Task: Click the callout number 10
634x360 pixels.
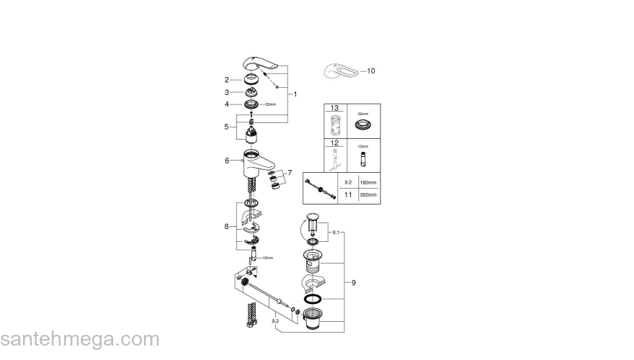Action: pyautogui.click(x=371, y=71)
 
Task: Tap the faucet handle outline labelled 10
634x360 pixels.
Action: pyautogui.click(x=338, y=72)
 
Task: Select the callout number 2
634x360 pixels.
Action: pyautogui.click(x=226, y=80)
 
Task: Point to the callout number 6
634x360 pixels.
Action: pyautogui.click(x=226, y=161)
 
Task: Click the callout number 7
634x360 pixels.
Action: pyautogui.click(x=290, y=173)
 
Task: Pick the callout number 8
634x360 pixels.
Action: pyautogui.click(x=226, y=227)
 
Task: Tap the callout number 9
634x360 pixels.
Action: pyautogui.click(x=354, y=283)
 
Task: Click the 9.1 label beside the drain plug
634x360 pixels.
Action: pyautogui.click(x=335, y=233)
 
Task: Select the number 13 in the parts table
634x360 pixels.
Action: pyautogui.click(x=334, y=108)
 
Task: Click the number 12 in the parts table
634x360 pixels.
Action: pyautogui.click(x=334, y=143)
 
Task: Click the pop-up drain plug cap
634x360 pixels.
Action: pyautogui.click(x=312, y=217)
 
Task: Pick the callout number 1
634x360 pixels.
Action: pyautogui.click(x=295, y=94)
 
